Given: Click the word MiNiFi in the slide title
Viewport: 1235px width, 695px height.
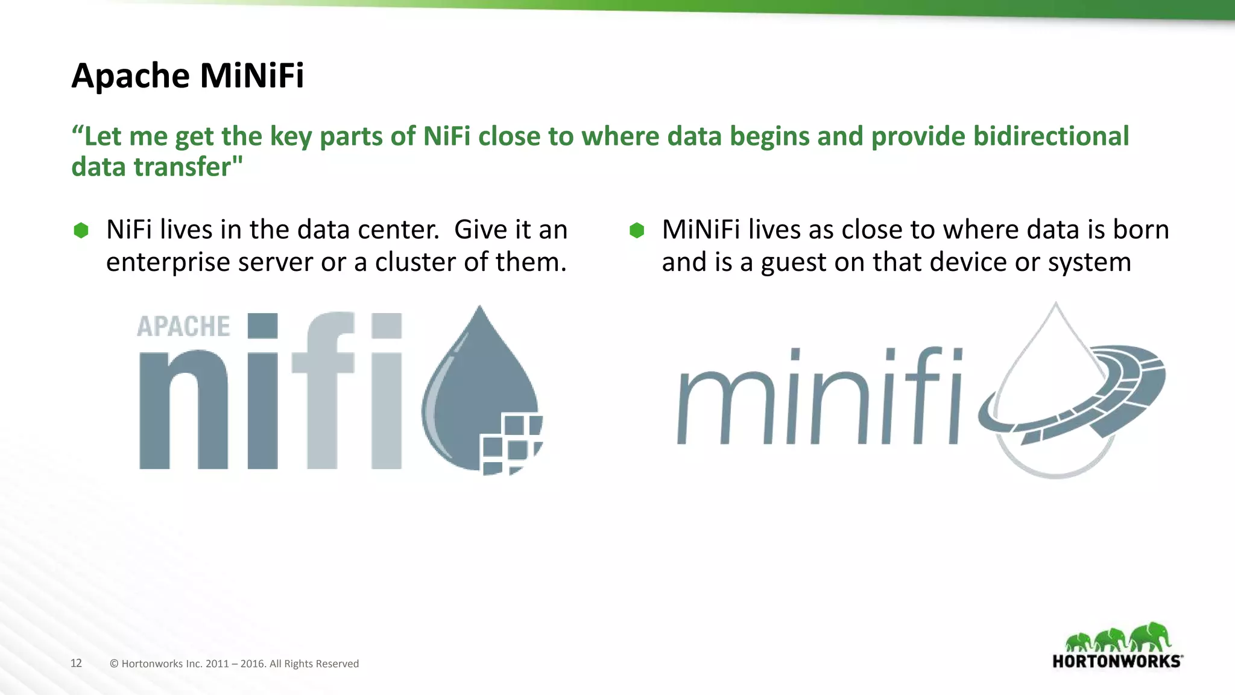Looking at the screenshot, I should (x=251, y=76).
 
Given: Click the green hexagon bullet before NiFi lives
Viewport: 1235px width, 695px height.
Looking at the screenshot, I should (x=81, y=230).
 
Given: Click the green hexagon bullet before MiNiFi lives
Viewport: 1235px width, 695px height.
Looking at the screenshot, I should (x=637, y=230).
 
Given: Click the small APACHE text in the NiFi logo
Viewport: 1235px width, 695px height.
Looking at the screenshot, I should (x=183, y=326).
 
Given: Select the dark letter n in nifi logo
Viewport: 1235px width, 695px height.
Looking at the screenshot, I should (x=183, y=410).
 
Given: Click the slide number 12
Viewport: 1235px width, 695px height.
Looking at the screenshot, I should (x=76, y=663).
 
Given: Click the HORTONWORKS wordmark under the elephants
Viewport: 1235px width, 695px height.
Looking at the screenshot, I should (x=1116, y=661).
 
